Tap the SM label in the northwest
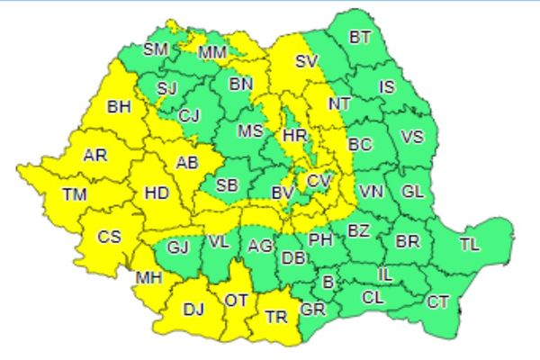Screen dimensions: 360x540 pos(156,49)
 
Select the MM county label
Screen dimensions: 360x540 pos(212,53)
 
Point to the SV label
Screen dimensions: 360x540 pos(307,62)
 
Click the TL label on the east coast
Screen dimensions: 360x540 pos(469,245)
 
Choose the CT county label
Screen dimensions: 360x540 pos(437,301)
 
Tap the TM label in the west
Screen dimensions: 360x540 pos(75,193)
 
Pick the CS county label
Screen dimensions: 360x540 pos(109,238)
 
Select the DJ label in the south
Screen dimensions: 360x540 pos(193,310)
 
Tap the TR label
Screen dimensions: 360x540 pos(274,317)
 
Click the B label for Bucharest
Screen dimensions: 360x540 pos(328,283)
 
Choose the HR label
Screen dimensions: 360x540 pos(294,135)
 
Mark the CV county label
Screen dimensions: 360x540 pos(318,181)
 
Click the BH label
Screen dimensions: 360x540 pos(119,108)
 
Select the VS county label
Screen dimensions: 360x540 pos(411,137)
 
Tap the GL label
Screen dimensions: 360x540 pos(412,191)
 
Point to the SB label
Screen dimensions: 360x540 pos(227,185)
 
